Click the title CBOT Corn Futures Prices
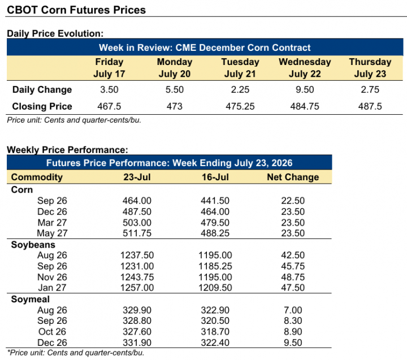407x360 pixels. click(x=76, y=10)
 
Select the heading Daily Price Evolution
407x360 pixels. click(x=55, y=33)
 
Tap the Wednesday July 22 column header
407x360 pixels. click(x=305, y=68)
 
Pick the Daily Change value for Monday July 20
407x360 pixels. click(x=175, y=89)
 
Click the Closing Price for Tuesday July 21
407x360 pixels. click(x=240, y=106)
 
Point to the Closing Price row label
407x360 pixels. click(x=42, y=106)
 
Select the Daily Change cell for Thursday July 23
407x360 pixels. click(x=370, y=89)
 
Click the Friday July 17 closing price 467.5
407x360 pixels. click(x=109, y=106)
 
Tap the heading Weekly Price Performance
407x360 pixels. click(x=67, y=150)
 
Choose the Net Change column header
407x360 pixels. click(x=293, y=177)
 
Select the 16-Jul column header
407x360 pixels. click(x=215, y=177)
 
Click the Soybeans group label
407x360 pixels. click(x=33, y=245)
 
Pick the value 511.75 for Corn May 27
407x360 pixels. click(x=137, y=233)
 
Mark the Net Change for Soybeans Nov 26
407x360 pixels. click(x=293, y=277)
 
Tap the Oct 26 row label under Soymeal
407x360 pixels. click(x=52, y=331)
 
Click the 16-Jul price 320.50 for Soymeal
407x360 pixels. click(x=215, y=320)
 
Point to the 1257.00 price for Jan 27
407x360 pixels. click(x=137, y=288)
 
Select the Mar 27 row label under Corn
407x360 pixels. click(x=52, y=223)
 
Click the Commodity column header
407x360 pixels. click(x=37, y=177)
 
